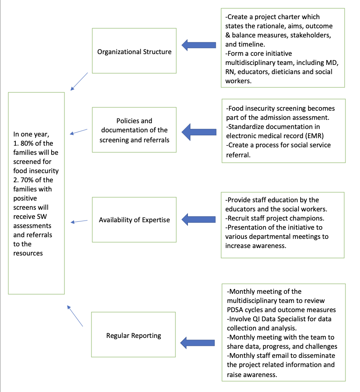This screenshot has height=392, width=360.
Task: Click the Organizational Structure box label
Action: pos(134,52)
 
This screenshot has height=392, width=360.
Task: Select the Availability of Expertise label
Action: pos(134,220)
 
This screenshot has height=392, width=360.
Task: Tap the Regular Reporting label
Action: pos(134,335)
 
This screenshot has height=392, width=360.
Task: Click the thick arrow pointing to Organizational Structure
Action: pos(199,45)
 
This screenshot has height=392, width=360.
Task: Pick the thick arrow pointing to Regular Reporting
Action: pos(197,343)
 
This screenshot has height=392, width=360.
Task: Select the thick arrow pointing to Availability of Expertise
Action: pos(199,219)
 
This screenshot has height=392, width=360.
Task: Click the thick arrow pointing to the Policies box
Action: pos(199,132)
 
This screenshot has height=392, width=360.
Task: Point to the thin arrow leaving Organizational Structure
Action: pos(79,82)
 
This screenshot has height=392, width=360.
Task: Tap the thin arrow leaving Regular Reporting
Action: pos(75,316)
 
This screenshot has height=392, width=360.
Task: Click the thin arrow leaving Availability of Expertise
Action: pos(79,221)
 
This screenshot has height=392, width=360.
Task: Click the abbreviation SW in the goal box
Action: pos(42,216)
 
